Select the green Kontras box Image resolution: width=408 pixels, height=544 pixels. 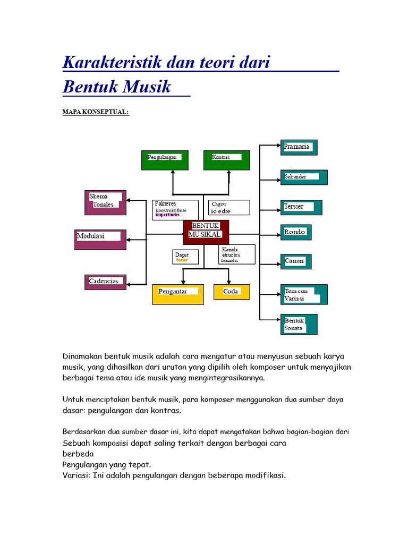tap(226, 160)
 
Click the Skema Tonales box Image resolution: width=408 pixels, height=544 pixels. tap(105, 202)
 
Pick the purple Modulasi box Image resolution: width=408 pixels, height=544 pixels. tap(101, 239)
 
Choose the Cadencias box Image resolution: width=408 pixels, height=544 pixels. tap(105, 282)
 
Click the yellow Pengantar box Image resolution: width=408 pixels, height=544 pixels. tap(177, 294)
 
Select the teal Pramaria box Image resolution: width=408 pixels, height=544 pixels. tap(299, 147)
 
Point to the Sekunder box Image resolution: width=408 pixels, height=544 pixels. tap(304, 177)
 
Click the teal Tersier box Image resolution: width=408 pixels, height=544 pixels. tap(301, 207)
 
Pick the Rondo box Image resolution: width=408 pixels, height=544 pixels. tap(296, 232)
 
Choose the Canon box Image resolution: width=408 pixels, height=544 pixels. tap(296, 261)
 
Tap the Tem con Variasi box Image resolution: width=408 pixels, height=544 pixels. tap(304, 294)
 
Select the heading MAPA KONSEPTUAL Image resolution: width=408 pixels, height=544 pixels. tap(96, 112)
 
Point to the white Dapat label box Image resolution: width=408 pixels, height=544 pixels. tap(185, 257)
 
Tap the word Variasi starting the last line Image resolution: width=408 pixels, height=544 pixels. tap(76, 475)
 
